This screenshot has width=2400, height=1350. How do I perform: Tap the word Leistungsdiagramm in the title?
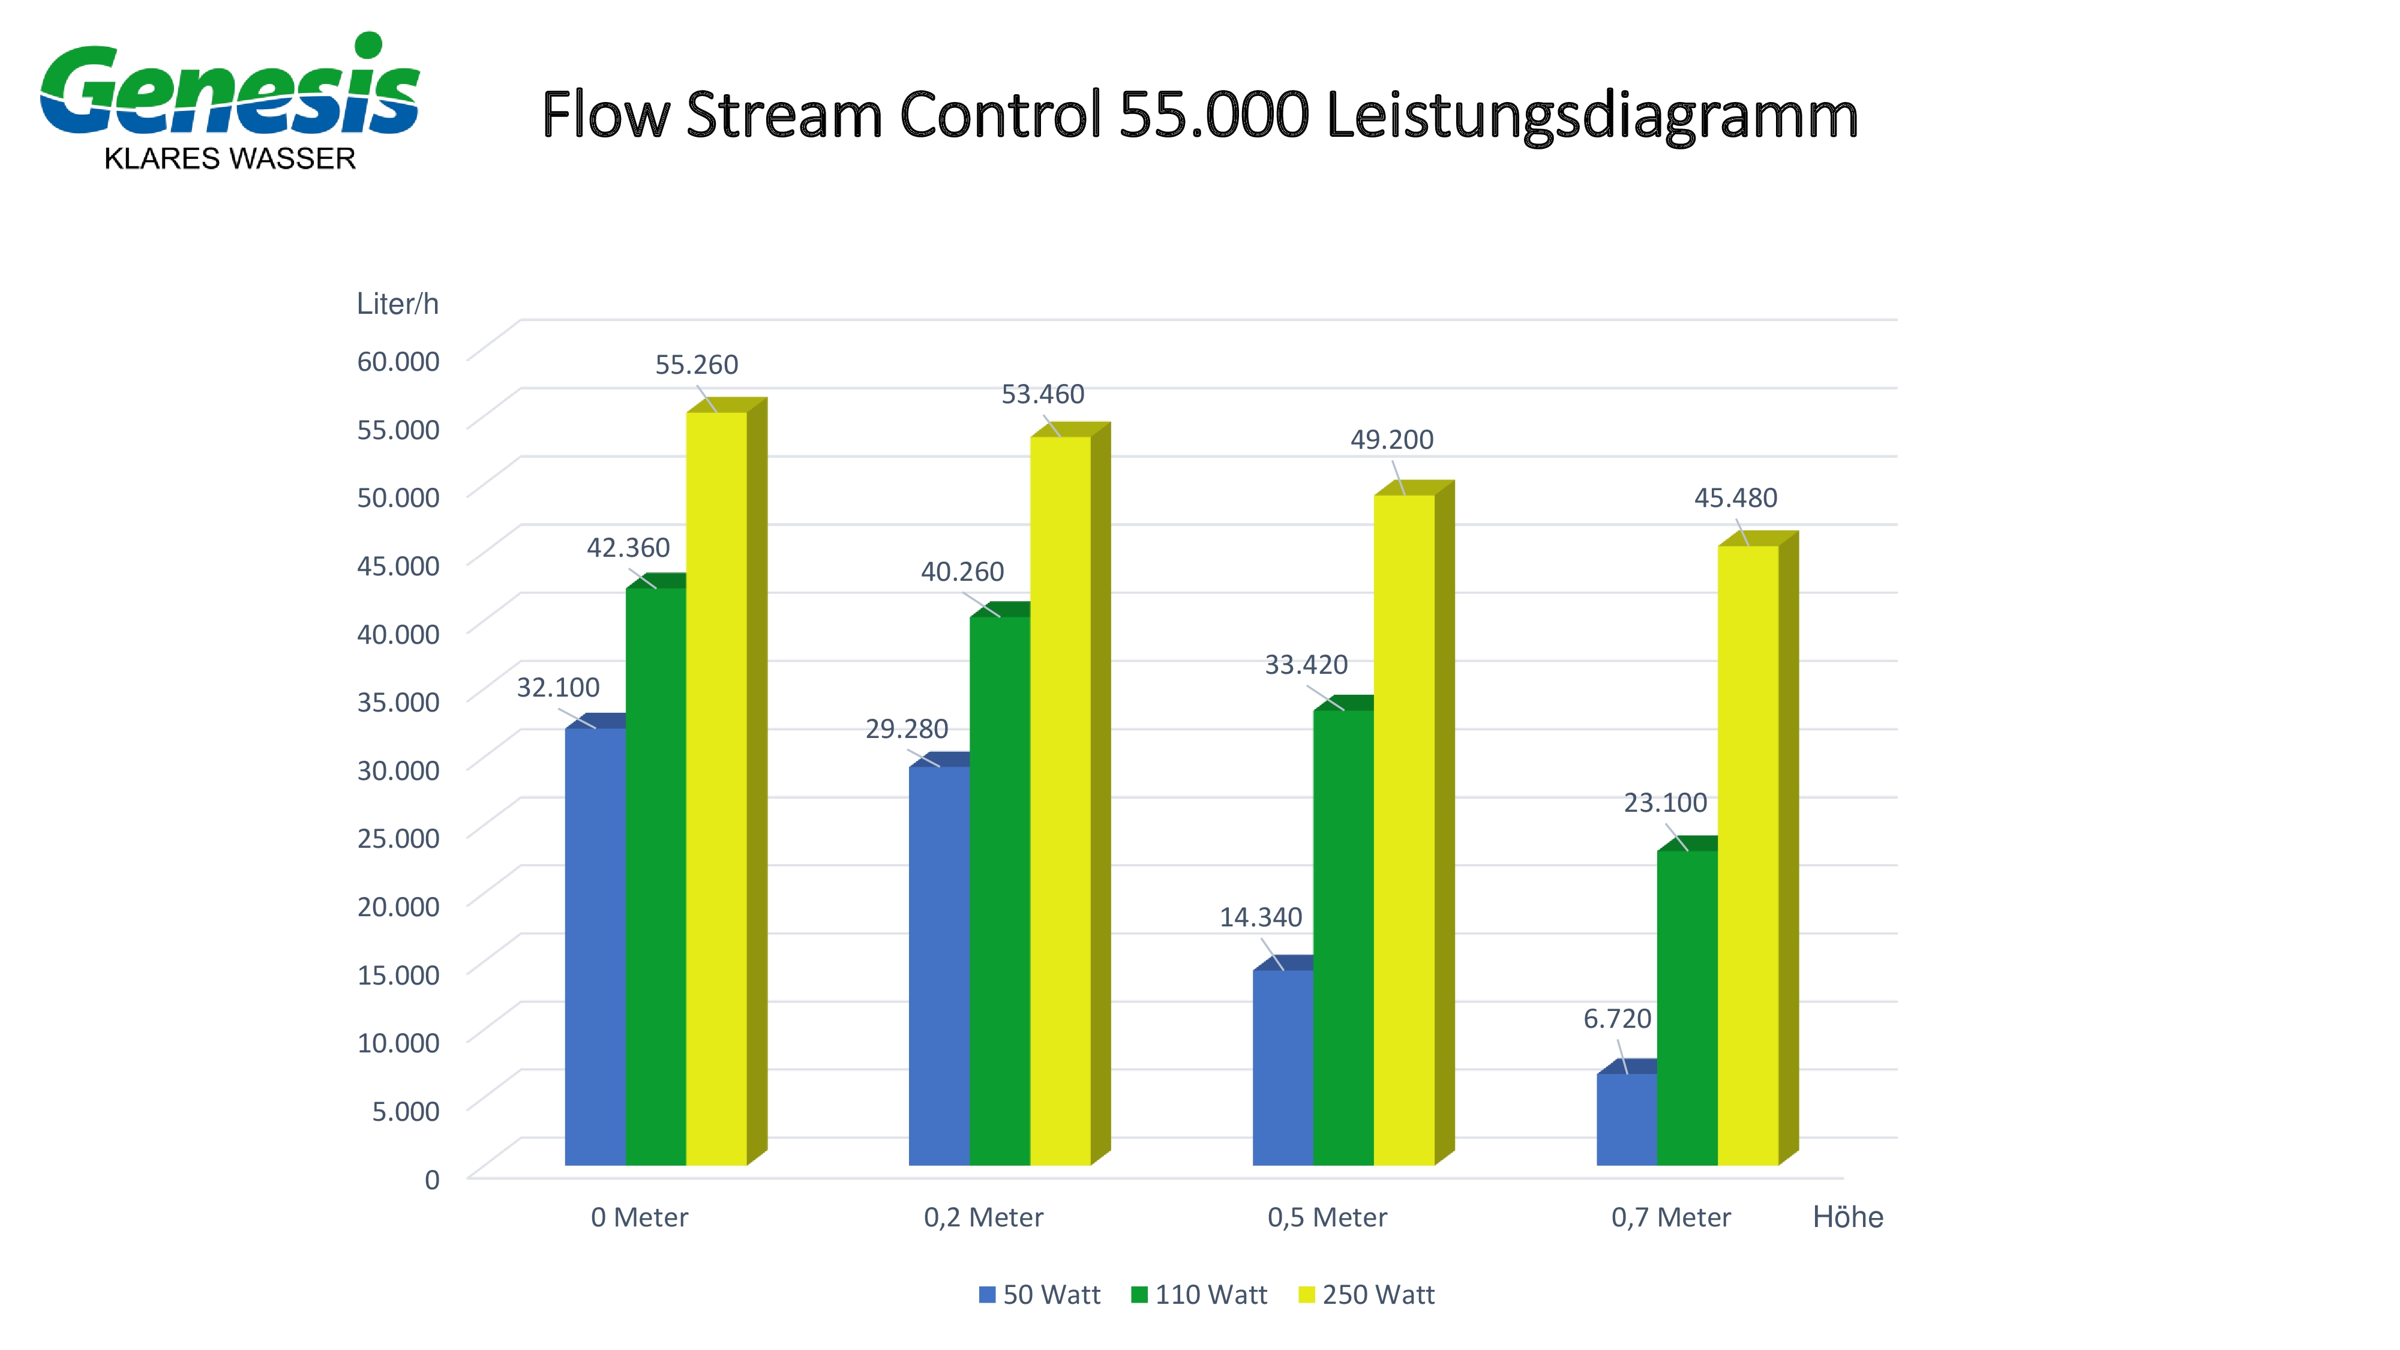click(x=1591, y=116)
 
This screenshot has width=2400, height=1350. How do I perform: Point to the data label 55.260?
click(x=696, y=364)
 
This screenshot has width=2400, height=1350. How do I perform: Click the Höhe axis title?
click(x=1847, y=1217)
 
